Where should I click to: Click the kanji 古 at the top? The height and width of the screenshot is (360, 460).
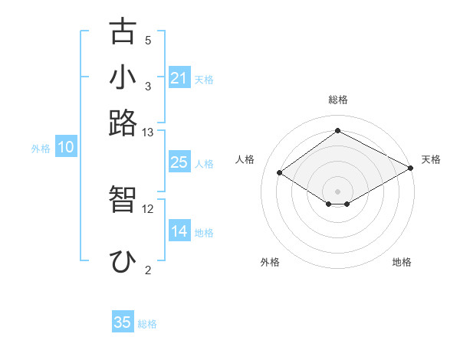pos(123,32)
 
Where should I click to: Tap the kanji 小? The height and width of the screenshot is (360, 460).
pos(123,77)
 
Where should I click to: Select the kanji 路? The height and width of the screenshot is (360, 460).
pos(123,122)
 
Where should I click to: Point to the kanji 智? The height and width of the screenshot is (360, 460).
pos(123,199)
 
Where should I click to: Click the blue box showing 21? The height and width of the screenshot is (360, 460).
pos(179,78)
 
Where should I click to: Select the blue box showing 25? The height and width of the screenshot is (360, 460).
pos(179,162)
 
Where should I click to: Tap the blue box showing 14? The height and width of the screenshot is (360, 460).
pos(179,231)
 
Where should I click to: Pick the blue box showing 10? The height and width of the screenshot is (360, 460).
pos(66,148)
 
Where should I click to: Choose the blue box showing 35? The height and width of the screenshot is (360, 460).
pos(123,322)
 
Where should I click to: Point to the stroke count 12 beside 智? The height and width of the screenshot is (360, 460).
pos(148,208)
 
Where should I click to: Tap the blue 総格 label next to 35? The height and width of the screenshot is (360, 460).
pos(147,324)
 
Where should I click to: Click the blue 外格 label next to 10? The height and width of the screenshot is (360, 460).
pos(41,149)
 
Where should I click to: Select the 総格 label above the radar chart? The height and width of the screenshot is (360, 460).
pos(337,100)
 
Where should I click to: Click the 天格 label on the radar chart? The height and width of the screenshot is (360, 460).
pos(431,159)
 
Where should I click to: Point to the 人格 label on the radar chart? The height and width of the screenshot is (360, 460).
pos(245,159)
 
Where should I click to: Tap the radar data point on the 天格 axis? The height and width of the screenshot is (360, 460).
pos(411,168)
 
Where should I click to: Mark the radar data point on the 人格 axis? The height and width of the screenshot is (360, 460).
pos(280,173)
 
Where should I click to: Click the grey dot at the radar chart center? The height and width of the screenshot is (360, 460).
pos(337,190)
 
